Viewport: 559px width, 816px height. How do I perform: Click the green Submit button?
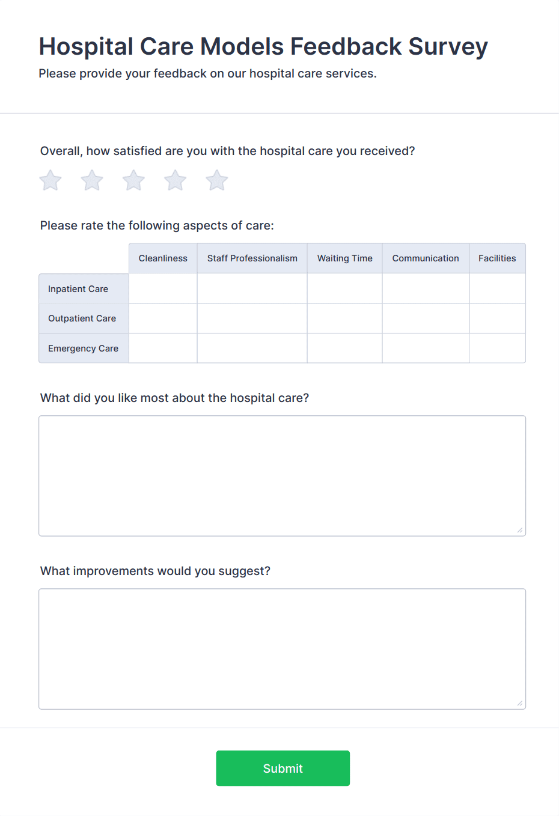pyautogui.click(x=283, y=768)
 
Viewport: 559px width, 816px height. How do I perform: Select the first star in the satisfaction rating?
pyautogui.click(x=50, y=180)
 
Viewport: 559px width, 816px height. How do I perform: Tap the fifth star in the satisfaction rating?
pyautogui.click(x=217, y=180)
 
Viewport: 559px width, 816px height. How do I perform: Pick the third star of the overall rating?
pyautogui.click(x=133, y=180)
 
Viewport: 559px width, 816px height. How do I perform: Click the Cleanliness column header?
pyautogui.click(x=163, y=258)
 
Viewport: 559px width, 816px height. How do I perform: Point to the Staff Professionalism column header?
pyautogui.click(x=252, y=258)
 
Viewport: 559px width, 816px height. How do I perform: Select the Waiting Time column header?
pyautogui.click(x=344, y=258)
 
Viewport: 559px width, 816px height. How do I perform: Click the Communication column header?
pyautogui.click(x=426, y=258)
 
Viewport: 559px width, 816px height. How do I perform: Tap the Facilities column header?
pyautogui.click(x=497, y=258)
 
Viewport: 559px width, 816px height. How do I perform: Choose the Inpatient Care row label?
pyautogui.click(x=78, y=289)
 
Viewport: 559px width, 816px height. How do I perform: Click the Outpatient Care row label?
pyautogui.click(x=82, y=318)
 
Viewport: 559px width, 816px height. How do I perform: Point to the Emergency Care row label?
pyautogui.click(x=84, y=349)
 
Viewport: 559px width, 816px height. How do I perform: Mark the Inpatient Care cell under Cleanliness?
pyautogui.click(x=163, y=288)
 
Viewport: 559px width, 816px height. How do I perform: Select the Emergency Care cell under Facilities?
pyautogui.click(x=497, y=349)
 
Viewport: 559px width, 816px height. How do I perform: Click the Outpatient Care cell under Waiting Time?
pyautogui.click(x=344, y=318)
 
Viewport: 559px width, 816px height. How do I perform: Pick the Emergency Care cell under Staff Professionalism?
pyautogui.click(x=252, y=349)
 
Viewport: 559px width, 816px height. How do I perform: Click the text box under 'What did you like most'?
pyautogui.click(x=282, y=475)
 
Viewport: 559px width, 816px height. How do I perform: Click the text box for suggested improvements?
pyautogui.click(x=282, y=648)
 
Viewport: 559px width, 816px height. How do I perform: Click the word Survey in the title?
pyautogui.click(x=448, y=47)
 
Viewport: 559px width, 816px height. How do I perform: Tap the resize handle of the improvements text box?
pyautogui.click(x=520, y=703)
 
